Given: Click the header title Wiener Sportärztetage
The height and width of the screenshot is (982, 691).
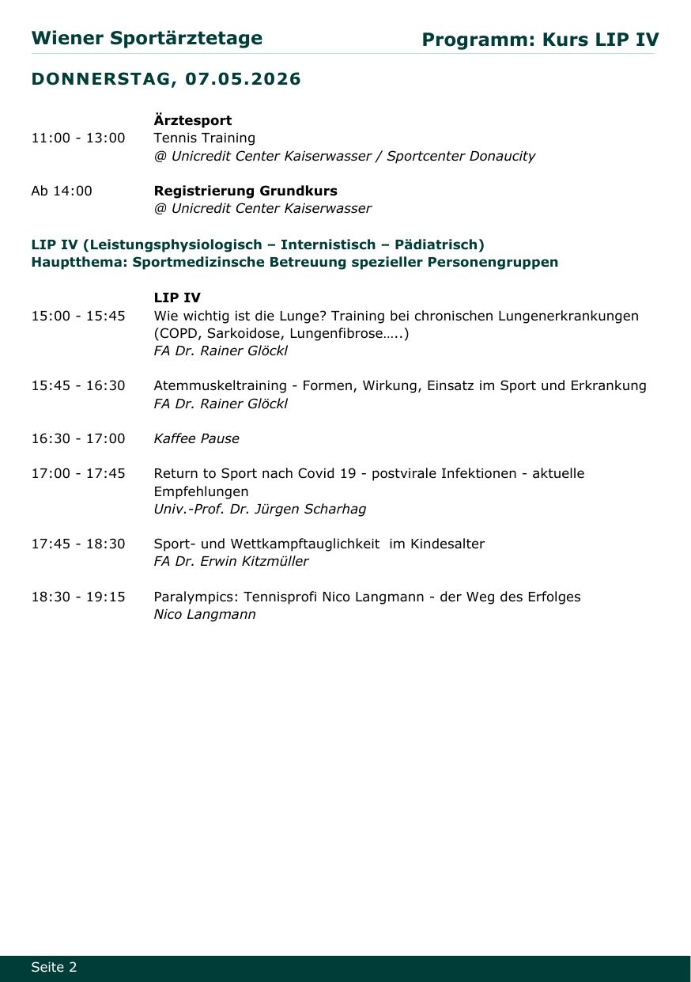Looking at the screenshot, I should point(147,39).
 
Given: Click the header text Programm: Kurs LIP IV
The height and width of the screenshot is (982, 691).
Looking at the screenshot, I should point(540,40).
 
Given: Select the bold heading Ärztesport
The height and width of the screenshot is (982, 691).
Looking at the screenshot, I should point(192,120).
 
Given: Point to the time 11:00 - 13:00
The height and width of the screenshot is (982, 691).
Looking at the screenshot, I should point(78,138).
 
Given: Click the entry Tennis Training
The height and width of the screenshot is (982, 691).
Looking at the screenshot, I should point(204,138).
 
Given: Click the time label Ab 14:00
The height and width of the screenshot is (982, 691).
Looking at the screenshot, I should point(62,191).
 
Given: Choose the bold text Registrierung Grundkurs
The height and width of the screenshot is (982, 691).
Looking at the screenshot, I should point(245,191).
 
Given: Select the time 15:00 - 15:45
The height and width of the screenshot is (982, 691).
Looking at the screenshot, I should point(78,316).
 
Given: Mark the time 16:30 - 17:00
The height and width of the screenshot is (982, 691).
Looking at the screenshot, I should point(78,438).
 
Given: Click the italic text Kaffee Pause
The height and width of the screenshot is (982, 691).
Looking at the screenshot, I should point(196,438).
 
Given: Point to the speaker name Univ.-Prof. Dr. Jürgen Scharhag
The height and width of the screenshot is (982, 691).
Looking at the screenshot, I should point(259,509).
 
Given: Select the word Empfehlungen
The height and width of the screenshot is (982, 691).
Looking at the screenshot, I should point(201,491).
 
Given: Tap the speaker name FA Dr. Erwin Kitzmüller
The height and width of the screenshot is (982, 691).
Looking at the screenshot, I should point(231,561).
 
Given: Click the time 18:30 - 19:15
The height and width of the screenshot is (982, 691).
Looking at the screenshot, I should point(78,597).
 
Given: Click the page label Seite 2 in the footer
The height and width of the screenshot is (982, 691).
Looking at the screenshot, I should point(55,967).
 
